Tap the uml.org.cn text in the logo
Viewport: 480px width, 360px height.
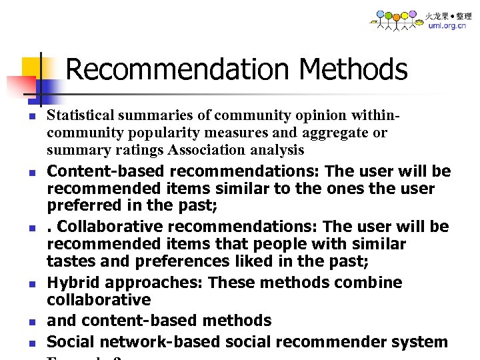tap(447, 26)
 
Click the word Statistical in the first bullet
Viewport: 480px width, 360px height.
tap(77, 115)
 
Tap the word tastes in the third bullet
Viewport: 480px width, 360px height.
tap(70, 261)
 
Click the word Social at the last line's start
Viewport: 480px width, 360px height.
tap(69, 342)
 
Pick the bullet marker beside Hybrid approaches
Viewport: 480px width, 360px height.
tap(31, 284)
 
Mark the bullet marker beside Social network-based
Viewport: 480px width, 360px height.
tap(31, 343)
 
